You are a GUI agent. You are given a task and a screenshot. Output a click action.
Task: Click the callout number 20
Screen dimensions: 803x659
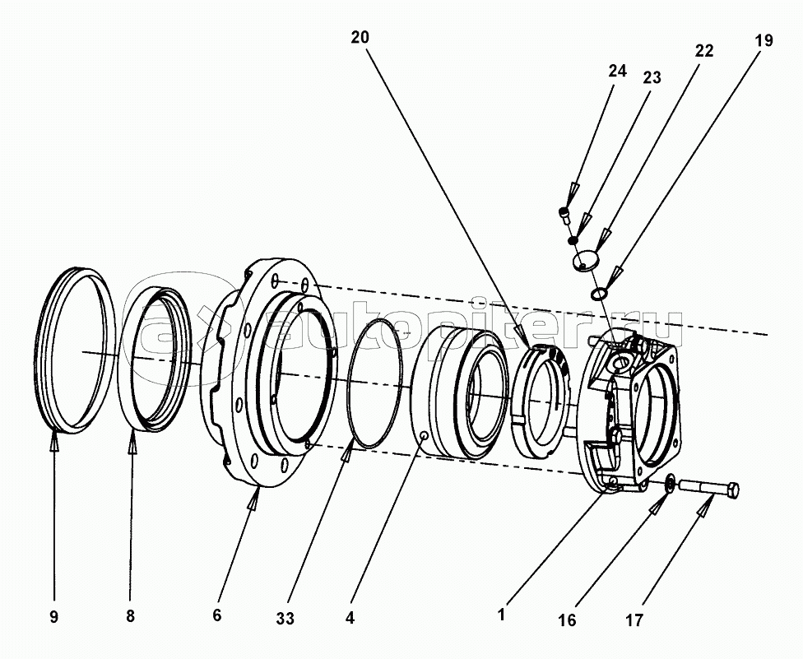[x=360, y=37]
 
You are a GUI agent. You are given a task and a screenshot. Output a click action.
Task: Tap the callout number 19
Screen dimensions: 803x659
[x=764, y=40]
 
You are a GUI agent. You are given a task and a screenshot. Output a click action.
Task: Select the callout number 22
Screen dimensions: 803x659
[x=703, y=51]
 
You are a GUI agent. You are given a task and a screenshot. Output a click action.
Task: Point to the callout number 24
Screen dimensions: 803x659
[x=617, y=71]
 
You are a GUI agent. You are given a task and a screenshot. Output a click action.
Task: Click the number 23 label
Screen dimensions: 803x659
[x=652, y=78]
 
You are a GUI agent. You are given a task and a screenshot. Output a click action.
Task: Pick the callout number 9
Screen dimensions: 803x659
[x=54, y=617]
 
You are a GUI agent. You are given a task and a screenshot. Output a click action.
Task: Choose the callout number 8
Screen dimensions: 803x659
[x=130, y=616]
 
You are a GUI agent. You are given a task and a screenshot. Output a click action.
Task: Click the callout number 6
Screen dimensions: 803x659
[x=217, y=615]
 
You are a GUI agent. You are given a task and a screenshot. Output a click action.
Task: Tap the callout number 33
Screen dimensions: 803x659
[x=285, y=619]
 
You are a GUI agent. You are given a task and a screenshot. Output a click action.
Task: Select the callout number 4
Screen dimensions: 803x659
[x=350, y=618]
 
